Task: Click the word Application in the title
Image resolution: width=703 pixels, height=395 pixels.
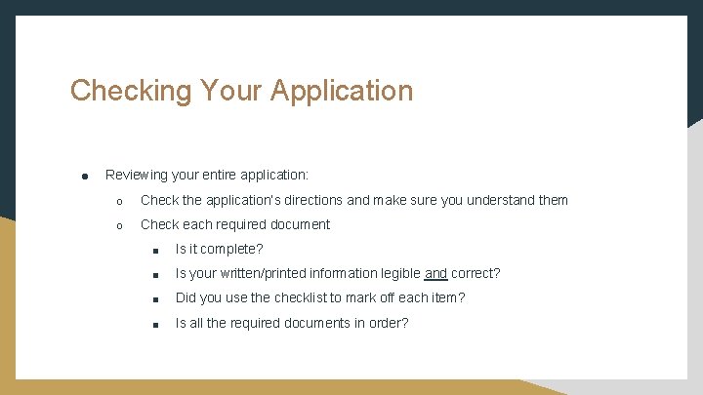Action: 342,91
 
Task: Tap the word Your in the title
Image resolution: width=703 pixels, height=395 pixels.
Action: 232,91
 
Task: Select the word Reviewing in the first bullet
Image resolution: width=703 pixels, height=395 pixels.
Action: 136,176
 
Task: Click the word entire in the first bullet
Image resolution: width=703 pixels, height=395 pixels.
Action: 225,176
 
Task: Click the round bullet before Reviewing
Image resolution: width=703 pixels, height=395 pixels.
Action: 85,177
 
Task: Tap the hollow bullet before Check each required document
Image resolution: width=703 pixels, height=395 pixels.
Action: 119,225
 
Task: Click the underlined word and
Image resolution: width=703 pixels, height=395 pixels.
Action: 435,274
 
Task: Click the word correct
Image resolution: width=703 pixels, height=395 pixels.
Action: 475,274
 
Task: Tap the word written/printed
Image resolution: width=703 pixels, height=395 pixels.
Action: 269,274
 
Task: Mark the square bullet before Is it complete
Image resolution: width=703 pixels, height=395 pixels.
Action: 154,251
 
